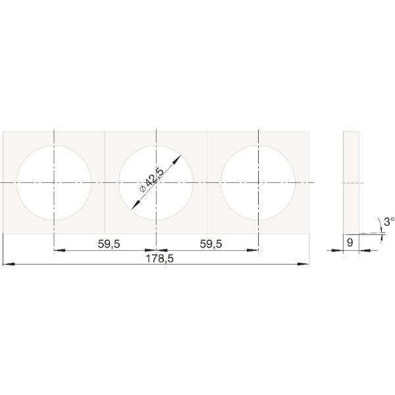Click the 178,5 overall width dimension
pos(160,259)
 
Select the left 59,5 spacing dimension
pos(109,244)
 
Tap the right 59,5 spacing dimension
pos(211,244)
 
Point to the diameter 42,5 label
pos(152,180)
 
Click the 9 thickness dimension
pos(350,242)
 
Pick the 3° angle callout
pos(389,222)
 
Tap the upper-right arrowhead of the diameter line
pos(177,159)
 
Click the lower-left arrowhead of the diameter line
pos(136,205)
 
